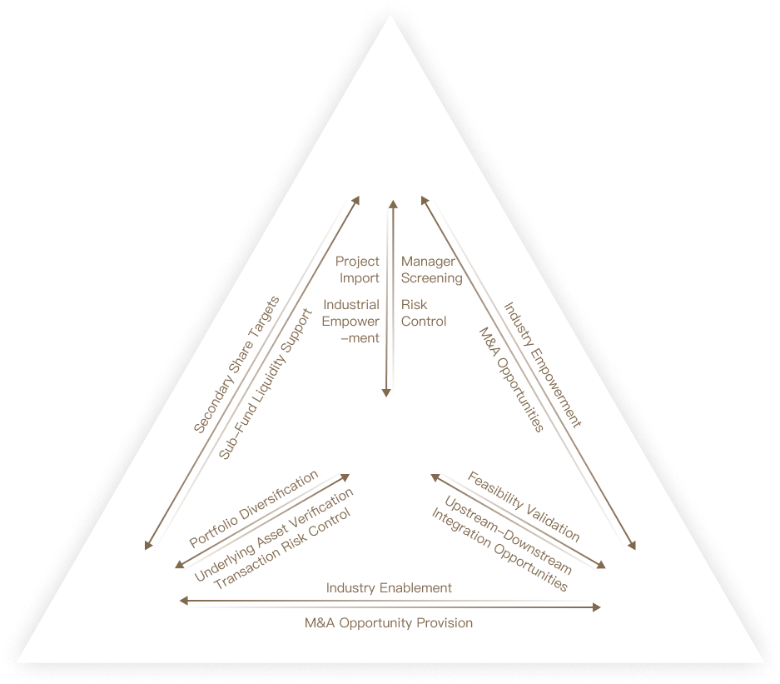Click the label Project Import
[x=358, y=270]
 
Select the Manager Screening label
[x=431, y=270]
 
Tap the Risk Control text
[x=424, y=313]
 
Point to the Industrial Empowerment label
[x=351, y=322]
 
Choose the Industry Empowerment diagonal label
[x=543, y=365]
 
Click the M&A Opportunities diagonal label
[x=511, y=380]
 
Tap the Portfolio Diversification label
[x=254, y=509]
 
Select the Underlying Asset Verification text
[x=273, y=535]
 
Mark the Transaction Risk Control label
[x=282, y=549]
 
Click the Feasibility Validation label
[x=523, y=507]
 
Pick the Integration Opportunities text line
[x=499, y=550]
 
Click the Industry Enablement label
[x=389, y=588]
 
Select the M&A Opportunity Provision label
[x=389, y=623]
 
